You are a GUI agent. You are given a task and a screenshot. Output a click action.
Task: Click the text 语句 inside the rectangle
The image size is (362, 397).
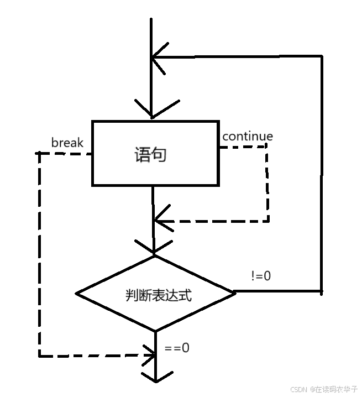tap(150, 154)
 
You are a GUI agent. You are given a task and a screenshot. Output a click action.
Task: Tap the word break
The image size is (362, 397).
tap(67, 143)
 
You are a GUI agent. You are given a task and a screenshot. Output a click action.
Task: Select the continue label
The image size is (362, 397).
tap(247, 136)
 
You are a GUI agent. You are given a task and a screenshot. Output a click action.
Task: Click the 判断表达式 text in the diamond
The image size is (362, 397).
tap(158, 295)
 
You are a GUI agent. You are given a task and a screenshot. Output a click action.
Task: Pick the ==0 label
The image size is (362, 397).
tap(177, 348)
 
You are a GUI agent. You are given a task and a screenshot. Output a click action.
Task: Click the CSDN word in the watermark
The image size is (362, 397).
tap(298, 389)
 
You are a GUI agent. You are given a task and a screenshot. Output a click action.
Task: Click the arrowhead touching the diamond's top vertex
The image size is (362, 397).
tap(154, 249)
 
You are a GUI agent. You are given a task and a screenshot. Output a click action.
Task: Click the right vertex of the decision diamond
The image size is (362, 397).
tap(235, 292)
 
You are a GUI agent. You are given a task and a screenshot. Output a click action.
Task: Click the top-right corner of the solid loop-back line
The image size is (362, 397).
tap(321, 56)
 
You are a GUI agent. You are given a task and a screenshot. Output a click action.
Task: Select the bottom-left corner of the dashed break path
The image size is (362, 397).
tap(39, 356)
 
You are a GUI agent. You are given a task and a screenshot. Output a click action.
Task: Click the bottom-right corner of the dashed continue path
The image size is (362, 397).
tap(268, 221)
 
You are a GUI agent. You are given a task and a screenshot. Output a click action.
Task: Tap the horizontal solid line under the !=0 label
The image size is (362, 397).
tap(276, 291)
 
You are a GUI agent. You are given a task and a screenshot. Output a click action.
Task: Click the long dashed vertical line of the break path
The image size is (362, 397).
tap(39, 254)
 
